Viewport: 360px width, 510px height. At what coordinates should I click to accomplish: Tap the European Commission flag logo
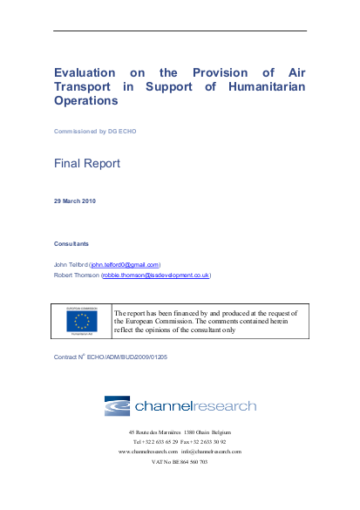click(x=88, y=320)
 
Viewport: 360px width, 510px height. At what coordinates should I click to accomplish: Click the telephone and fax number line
click(x=180, y=441)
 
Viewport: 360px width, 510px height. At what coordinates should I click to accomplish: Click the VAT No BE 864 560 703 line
click(x=180, y=462)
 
